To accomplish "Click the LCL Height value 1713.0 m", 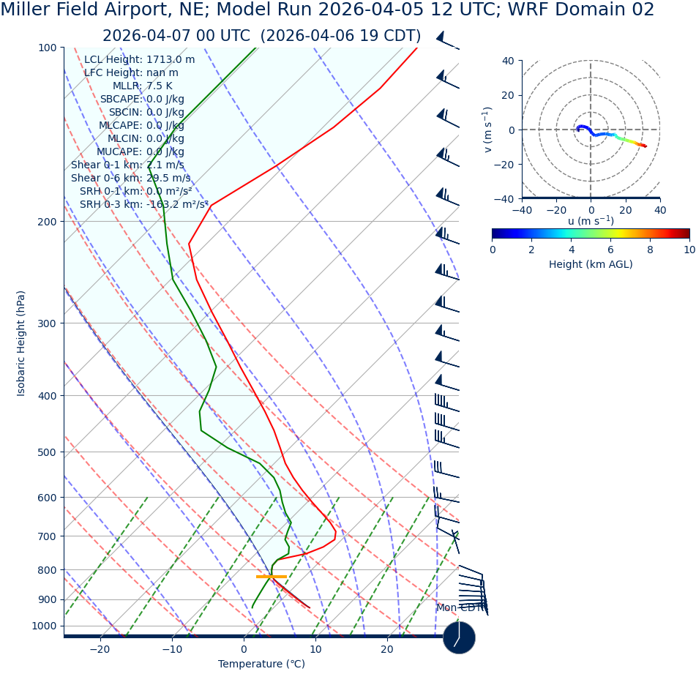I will pos(171,60).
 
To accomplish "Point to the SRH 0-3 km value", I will pos(177,205).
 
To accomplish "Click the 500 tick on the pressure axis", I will pos(47,452).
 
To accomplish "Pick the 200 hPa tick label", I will pos(47,222).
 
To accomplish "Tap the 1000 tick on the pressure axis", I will pos(44,626).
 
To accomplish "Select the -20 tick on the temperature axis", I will pos(100,649).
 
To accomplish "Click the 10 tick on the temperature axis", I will pos(315,649).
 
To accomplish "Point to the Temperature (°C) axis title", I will pos(261,665).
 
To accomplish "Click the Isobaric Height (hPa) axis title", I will pos(21,343).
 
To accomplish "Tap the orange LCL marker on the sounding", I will pos(271,577).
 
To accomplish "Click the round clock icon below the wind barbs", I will pos(459,637).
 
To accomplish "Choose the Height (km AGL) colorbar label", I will pos(591,265).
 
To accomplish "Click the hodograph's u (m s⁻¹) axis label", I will pos(591,221).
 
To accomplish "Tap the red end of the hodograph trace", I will pos(645,146).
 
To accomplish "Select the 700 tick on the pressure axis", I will pos(47,536).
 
